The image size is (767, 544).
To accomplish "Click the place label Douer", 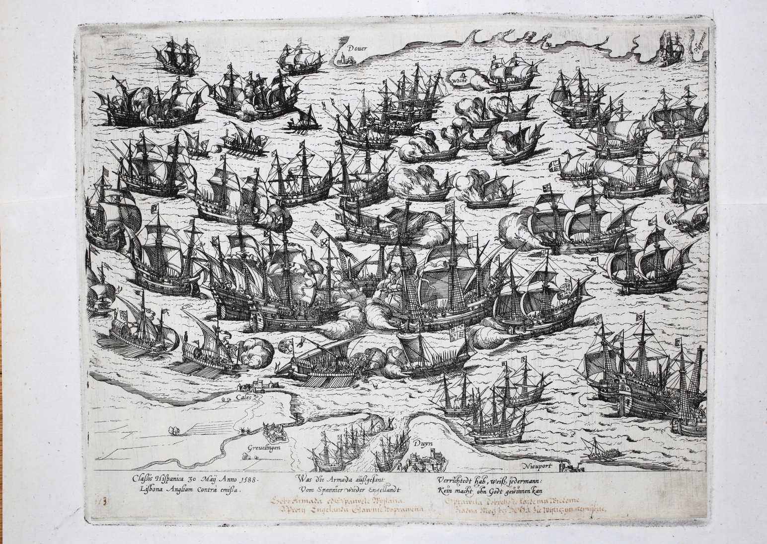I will (357, 49).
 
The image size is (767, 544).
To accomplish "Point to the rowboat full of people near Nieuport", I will (602, 453).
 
